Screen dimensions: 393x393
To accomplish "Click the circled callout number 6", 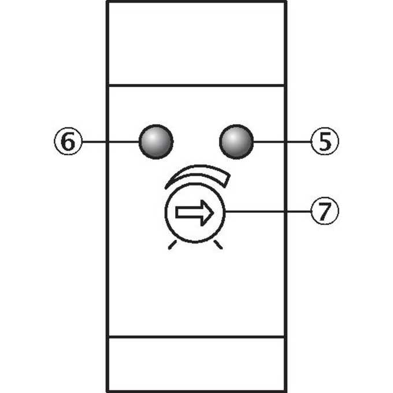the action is pyautogui.click(x=68, y=142).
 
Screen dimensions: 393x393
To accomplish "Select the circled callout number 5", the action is pyautogui.click(x=325, y=142).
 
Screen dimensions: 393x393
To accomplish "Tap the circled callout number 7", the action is pyautogui.click(x=325, y=211).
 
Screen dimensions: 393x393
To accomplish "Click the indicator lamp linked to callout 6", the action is pyautogui.click(x=156, y=142).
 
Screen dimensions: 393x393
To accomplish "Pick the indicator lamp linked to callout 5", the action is pyautogui.click(x=236, y=142).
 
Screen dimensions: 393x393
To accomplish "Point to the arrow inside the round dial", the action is pyautogui.click(x=195, y=213).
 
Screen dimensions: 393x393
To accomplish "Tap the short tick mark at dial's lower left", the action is pyautogui.click(x=172, y=244).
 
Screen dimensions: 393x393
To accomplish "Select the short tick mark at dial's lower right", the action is pyautogui.click(x=218, y=244).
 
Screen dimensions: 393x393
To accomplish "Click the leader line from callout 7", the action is pyautogui.click(x=268, y=212).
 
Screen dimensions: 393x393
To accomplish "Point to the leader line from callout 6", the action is pyautogui.click(x=110, y=142).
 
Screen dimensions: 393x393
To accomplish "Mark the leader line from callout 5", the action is pyautogui.click(x=282, y=142).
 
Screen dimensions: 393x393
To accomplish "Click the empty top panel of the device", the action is pyautogui.click(x=196, y=43).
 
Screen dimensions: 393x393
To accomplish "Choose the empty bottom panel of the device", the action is pyautogui.click(x=196, y=364).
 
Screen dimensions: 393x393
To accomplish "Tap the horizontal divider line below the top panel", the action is pyautogui.click(x=196, y=86).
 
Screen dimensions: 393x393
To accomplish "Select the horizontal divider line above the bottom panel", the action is pyautogui.click(x=196, y=337).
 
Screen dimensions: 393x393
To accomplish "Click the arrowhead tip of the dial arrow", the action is pyautogui.click(x=214, y=213).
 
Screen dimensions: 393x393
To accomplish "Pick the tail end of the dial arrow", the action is pyautogui.click(x=176, y=213).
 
